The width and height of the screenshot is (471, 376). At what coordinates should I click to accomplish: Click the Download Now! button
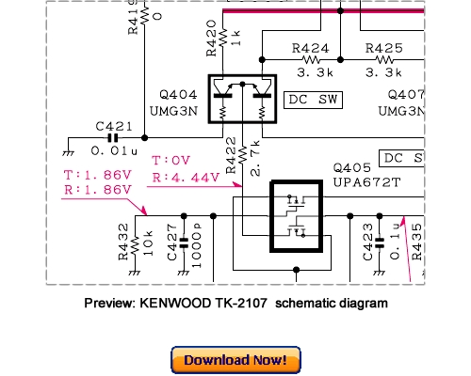pyautogui.click(x=235, y=360)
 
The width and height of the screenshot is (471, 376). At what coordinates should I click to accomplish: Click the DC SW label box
pyautogui.click(x=313, y=98)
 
